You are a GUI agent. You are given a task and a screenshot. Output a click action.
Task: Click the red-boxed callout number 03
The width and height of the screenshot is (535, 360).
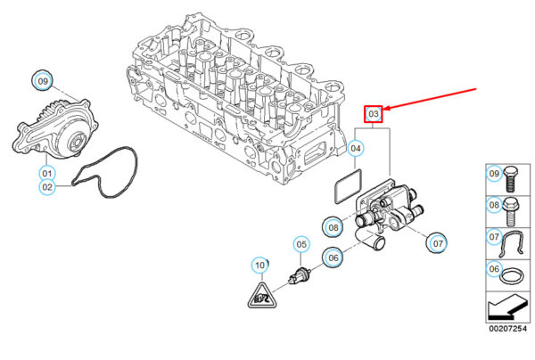coord(374,113)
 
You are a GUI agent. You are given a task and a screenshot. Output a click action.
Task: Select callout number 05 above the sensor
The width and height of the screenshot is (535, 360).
coord(301,244)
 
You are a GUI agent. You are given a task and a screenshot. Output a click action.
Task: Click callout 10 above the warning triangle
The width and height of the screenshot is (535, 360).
coord(259,265)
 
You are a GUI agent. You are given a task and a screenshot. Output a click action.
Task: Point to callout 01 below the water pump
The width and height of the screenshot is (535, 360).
coord(46,172)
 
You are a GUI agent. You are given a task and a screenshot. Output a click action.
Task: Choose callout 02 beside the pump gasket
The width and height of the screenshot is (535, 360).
coord(46,187)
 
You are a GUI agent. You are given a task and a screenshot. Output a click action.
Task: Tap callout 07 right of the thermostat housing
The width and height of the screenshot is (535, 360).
coord(437,241)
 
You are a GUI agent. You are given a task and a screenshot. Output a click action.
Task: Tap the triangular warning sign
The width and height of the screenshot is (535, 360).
coord(260,293)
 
